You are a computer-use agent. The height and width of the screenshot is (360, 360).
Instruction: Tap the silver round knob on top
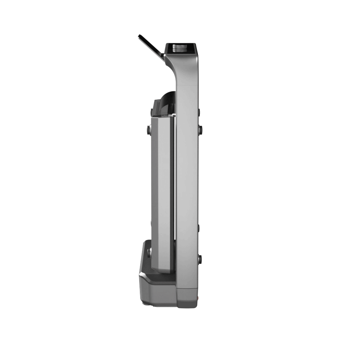(181, 47)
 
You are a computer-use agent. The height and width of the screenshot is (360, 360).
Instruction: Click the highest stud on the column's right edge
(199, 112)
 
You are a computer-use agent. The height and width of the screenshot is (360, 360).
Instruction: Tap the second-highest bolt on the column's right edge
(200, 130)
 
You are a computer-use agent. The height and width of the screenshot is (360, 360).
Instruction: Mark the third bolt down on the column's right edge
(199, 227)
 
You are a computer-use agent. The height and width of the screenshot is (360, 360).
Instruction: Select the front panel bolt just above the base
(149, 252)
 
